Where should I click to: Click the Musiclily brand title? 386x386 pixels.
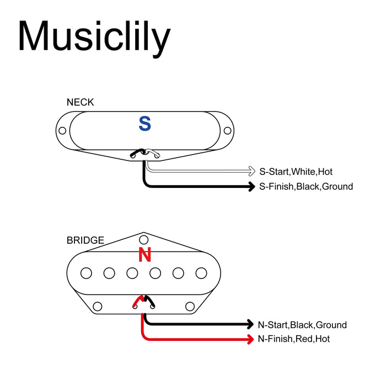(x=94, y=36)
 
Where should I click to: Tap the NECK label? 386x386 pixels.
(x=80, y=102)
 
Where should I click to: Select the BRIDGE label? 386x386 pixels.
(x=85, y=240)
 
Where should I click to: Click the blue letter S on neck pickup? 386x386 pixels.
(x=144, y=124)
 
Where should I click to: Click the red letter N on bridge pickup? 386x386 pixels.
(x=144, y=255)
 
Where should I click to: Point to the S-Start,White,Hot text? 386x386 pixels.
(x=296, y=171)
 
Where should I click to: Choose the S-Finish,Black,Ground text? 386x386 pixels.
(x=305, y=186)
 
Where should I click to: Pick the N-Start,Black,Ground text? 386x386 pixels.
(x=302, y=325)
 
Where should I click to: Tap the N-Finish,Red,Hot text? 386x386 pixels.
(x=294, y=339)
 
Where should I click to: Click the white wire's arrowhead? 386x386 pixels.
(x=251, y=171)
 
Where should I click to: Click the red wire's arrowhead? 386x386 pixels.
(x=250, y=339)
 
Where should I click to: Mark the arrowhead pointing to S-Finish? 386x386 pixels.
(x=251, y=186)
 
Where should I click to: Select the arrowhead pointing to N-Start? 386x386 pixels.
(x=250, y=325)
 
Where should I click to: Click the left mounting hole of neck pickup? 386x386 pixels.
(x=62, y=131)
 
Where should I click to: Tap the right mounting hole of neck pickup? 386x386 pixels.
(x=227, y=131)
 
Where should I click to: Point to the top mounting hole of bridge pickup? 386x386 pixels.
(x=144, y=240)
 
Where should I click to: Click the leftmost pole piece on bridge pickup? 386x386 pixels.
(x=86, y=272)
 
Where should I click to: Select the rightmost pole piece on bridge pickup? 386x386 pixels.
(x=202, y=272)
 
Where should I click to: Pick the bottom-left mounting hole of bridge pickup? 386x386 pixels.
(x=98, y=306)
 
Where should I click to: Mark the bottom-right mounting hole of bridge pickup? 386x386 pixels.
(x=190, y=306)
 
